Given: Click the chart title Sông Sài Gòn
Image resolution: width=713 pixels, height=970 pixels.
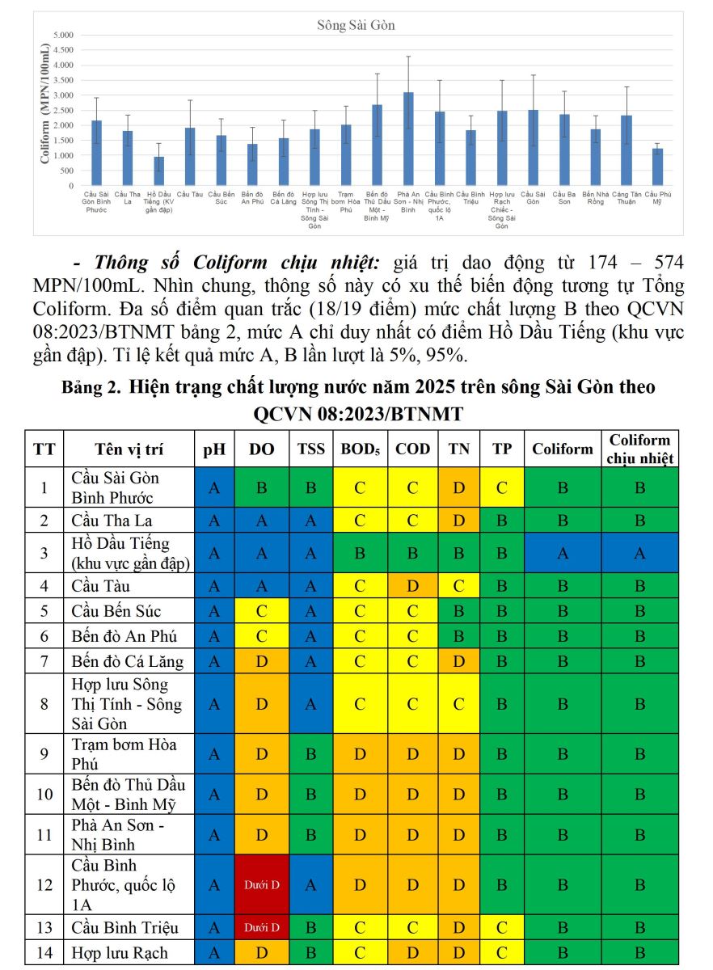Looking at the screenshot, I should (x=356, y=26).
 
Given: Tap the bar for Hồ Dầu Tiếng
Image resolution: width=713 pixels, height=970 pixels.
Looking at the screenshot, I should (x=158, y=171).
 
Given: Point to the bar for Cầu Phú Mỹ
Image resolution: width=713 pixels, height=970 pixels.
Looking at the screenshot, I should (x=657, y=167).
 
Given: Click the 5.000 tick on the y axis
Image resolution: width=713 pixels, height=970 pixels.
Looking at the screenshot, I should (x=63, y=36).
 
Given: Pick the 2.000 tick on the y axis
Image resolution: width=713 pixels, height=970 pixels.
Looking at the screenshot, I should (x=63, y=125).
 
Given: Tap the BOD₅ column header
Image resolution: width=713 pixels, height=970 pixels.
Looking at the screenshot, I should (x=360, y=449).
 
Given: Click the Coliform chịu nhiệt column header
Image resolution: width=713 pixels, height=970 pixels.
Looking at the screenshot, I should (x=639, y=449).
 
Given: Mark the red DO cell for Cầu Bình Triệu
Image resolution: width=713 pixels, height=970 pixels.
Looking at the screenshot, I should (x=262, y=927).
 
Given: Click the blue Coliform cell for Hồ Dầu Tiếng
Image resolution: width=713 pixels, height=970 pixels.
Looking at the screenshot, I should (x=563, y=553).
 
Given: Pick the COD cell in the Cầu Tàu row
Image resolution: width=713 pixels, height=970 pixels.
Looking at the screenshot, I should (x=412, y=585).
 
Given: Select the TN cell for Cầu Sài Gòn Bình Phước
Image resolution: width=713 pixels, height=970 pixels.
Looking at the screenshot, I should (x=458, y=487).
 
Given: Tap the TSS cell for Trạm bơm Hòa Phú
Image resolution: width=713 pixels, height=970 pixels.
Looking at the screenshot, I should (x=311, y=754).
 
